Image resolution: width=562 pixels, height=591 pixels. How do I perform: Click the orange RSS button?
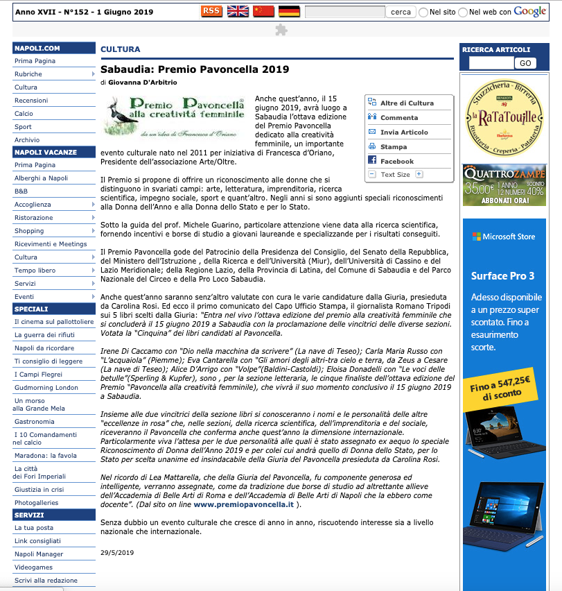click(211, 11)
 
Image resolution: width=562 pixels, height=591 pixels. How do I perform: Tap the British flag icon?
click(238, 11)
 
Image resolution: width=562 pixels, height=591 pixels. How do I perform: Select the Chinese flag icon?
click(263, 11)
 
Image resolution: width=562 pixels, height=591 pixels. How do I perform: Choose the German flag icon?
click(289, 11)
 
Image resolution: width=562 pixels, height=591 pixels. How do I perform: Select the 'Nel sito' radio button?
click(423, 12)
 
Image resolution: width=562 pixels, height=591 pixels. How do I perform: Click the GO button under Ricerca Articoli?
click(525, 63)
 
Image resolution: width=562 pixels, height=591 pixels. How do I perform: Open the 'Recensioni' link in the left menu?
click(31, 101)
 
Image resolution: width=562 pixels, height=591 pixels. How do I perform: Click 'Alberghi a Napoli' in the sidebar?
click(41, 178)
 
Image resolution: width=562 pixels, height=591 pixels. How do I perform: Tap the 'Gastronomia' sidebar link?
click(34, 421)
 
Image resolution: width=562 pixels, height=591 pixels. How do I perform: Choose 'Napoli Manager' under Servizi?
click(39, 554)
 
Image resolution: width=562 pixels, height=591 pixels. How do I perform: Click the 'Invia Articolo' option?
click(404, 132)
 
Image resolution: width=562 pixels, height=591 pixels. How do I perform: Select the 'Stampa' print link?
click(394, 146)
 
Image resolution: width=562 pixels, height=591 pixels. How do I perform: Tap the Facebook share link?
click(396, 161)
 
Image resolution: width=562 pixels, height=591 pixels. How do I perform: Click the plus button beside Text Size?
click(419, 174)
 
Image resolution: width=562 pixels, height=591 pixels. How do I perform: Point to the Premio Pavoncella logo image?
click(174, 116)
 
